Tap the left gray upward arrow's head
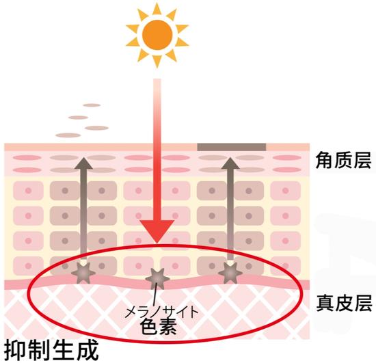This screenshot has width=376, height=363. [x=83, y=163]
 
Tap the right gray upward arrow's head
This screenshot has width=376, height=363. [x=230, y=163]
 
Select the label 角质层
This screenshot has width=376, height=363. [x=343, y=160]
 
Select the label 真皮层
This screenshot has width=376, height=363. [x=344, y=303]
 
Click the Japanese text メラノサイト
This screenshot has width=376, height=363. [x=161, y=312]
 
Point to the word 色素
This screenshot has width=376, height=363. [x=159, y=326]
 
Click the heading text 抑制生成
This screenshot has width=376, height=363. [x=51, y=350]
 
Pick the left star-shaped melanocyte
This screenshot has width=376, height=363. [x=83, y=273]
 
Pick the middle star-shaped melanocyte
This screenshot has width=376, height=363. [x=157, y=279]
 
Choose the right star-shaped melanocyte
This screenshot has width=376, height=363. [x=230, y=273]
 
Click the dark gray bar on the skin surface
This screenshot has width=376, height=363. [x=232, y=147]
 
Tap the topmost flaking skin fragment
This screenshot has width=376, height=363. [x=92, y=105]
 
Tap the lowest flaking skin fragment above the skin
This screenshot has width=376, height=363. [x=68, y=135]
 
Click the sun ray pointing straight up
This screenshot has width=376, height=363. [x=157, y=8]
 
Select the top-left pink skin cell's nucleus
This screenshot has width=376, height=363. [x=28, y=191]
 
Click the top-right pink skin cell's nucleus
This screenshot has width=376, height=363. [x=285, y=191]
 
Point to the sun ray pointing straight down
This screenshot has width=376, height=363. [x=157, y=62]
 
